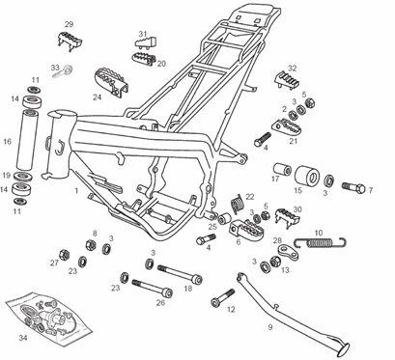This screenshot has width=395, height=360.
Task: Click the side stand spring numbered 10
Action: [x=321, y=242]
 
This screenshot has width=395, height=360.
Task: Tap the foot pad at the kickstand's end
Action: [x=343, y=349]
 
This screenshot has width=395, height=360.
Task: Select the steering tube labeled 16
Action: [x=26, y=140]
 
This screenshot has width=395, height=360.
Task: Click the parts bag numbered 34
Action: [x=49, y=318]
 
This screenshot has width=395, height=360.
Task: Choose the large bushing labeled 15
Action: [x=307, y=177]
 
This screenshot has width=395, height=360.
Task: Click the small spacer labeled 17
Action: [x=282, y=170]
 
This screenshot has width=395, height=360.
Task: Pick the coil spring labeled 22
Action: [x=238, y=204]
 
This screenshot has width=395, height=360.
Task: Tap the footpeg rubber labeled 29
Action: [x=70, y=41]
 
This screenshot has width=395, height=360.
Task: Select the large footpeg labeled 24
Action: [x=112, y=82]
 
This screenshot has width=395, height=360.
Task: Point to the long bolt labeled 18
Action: [x=180, y=273]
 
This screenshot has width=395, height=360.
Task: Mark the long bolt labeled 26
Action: [x=153, y=288]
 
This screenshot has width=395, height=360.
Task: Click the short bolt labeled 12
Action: [x=222, y=298]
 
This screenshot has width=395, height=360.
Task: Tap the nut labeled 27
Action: [x=65, y=254]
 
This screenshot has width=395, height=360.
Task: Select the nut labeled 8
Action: [x=91, y=244]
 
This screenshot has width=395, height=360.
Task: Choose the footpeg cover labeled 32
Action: [x=287, y=79]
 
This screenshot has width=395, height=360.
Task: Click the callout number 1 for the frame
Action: [x=76, y=191]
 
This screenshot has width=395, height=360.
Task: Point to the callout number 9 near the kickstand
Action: [x=270, y=327]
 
